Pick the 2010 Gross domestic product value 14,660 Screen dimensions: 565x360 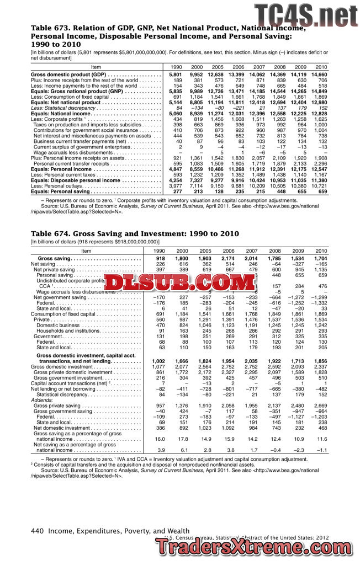point(319,74)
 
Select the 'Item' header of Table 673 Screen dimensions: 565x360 point(96,67)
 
